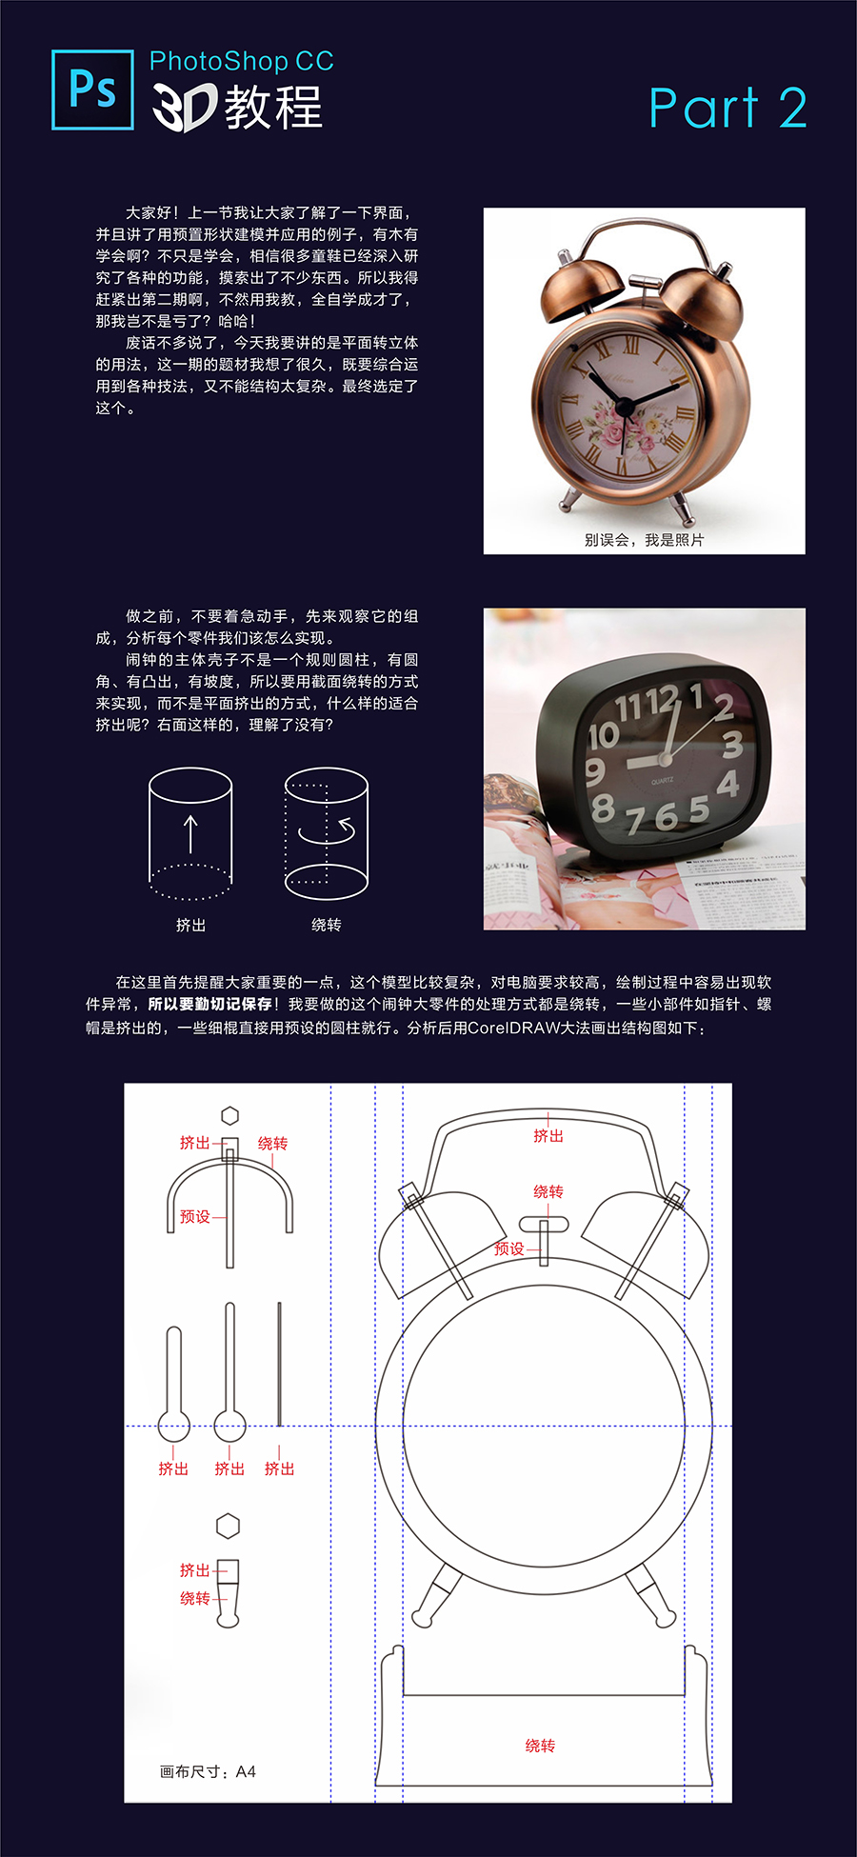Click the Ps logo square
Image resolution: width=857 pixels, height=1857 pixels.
(x=92, y=90)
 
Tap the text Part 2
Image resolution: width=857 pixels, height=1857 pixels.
(x=727, y=108)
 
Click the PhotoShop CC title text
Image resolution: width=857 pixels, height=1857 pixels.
(x=242, y=62)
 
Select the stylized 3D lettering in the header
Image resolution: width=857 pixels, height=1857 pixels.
(x=185, y=107)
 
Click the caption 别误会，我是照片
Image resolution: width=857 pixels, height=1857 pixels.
(x=644, y=540)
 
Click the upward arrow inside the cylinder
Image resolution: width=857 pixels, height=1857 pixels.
(x=190, y=834)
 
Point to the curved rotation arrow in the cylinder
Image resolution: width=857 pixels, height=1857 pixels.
(x=328, y=831)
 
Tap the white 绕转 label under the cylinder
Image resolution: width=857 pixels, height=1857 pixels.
(x=327, y=925)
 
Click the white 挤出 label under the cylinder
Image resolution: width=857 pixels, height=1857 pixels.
(x=190, y=925)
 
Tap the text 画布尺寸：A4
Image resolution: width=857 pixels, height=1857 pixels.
(x=208, y=1771)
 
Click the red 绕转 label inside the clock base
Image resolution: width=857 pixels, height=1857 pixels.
(x=540, y=1746)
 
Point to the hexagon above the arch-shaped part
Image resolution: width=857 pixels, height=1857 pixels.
(x=229, y=1115)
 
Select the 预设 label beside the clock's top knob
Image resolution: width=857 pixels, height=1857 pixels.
(x=509, y=1248)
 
